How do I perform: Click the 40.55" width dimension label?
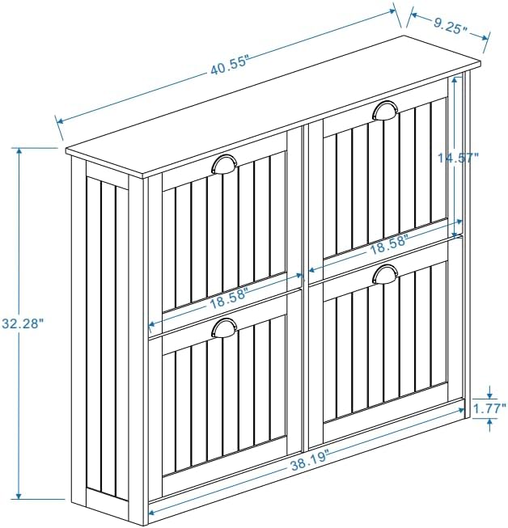[x=230, y=66]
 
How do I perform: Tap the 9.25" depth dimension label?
[x=450, y=26]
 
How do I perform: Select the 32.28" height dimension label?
[x=23, y=323]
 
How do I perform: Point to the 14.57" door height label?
[x=458, y=157]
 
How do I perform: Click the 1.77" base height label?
[x=489, y=408]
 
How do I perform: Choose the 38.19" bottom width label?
[x=309, y=463]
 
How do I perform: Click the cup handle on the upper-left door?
[x=224, y=164]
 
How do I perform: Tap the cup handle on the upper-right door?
[x=385, y=111]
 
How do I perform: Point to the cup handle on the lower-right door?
[x=385, y=274]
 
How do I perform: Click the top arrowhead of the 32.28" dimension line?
[x=19, y=151]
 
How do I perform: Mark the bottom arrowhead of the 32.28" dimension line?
[x=19, y=496]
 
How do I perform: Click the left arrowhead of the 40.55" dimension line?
[x=61, y=121]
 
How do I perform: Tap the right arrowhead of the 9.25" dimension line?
[x=485, y=37]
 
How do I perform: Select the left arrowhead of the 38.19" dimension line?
[x=151, y=513]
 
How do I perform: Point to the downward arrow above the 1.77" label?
[x=489, y=393]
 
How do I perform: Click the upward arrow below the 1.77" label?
[x=489, y=425]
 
